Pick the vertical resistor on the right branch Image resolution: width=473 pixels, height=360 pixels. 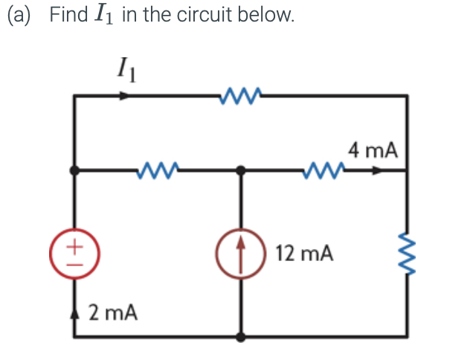407,252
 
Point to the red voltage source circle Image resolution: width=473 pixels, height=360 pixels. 73,253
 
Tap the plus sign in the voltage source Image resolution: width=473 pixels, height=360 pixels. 73,244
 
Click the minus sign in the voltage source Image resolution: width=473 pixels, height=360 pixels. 73,262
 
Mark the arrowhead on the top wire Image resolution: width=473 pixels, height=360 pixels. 126,94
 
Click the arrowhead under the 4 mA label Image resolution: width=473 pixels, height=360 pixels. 379,170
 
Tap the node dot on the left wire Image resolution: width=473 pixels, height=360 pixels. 73,170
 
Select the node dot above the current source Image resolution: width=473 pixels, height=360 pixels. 240,170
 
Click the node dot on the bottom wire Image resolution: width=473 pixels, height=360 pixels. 240,336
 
